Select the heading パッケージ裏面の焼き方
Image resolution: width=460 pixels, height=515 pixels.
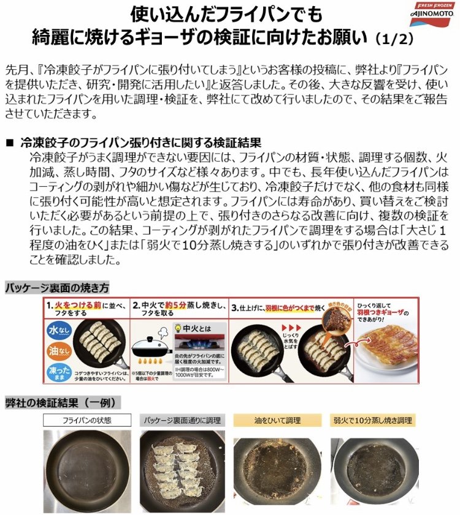tap(58, 287)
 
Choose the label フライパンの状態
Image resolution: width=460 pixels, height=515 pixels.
tap(87, 420)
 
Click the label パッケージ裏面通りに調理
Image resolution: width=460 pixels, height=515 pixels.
tap(182, 420)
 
